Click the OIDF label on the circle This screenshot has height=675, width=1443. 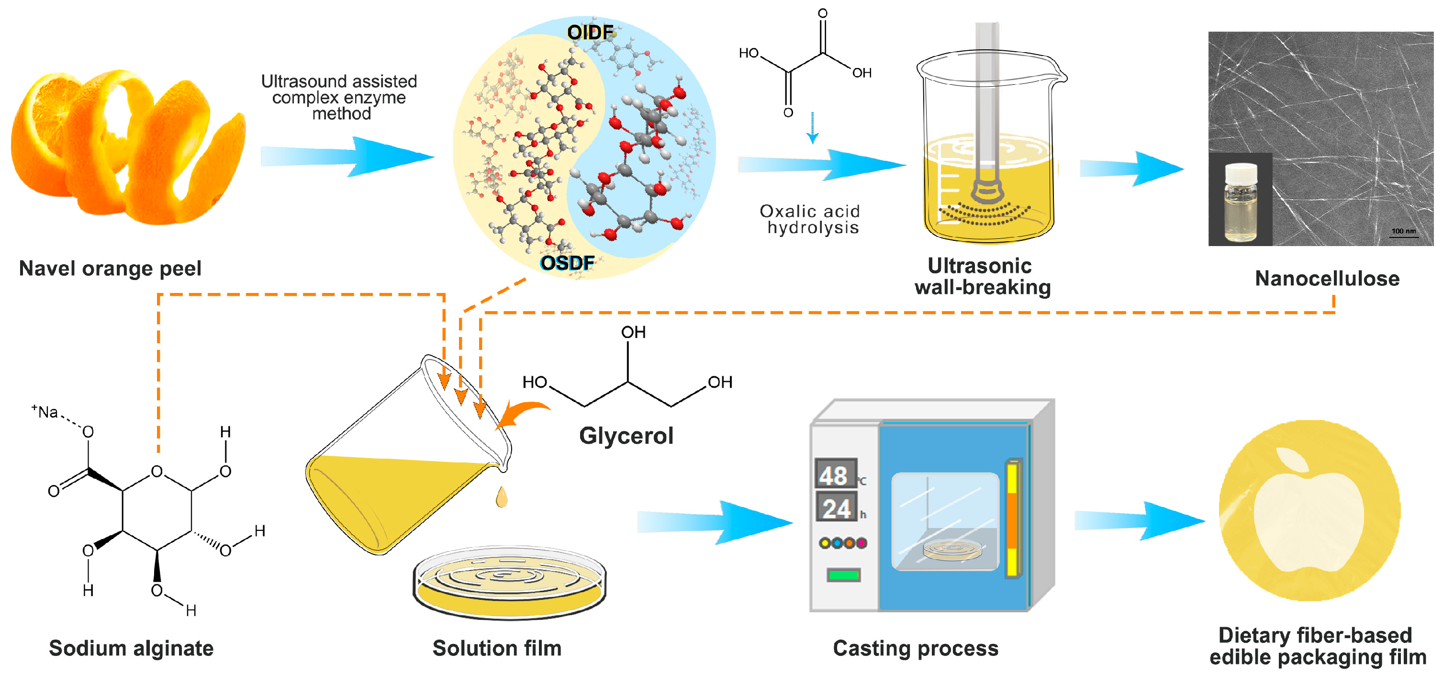coord(590,32)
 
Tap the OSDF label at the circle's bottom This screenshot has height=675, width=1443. coord(567,263)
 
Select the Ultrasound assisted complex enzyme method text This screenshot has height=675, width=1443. coord(339,98)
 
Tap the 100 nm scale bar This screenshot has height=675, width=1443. coord(1403,233)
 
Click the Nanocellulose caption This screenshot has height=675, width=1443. coord(1327,279)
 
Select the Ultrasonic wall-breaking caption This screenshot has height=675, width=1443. coord(983,276)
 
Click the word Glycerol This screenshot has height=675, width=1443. coord(626,435)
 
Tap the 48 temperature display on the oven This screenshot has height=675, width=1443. coord(834,475)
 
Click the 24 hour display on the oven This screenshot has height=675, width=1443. coord(836,508)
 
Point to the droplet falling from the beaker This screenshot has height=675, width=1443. coord(502,497)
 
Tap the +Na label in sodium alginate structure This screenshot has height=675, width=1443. coord(45,412)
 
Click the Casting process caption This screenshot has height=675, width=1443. coord(915,648)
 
